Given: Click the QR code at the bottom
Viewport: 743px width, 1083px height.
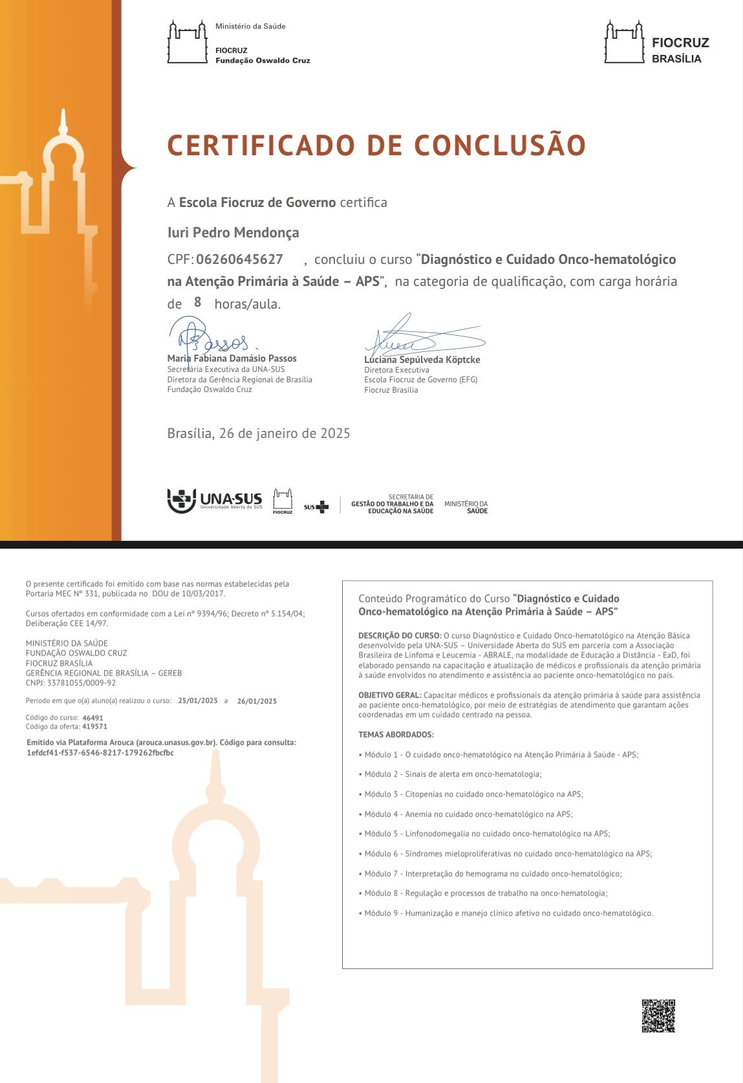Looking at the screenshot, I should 658,1016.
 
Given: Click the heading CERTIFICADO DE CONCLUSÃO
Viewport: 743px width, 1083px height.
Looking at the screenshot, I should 376,146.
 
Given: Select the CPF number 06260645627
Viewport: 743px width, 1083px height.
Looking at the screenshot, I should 239,259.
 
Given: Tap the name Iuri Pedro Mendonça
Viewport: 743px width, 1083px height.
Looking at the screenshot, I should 233,232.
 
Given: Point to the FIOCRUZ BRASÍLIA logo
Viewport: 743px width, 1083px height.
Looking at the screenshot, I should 656,43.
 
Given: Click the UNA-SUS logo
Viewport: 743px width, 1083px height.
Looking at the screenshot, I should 215,501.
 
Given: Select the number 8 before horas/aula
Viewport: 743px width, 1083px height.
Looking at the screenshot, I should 198,302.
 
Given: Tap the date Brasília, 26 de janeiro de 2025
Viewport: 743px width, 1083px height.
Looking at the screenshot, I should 259,433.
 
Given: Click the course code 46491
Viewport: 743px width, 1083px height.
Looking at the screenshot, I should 93,717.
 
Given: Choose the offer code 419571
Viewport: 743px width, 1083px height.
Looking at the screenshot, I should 95,727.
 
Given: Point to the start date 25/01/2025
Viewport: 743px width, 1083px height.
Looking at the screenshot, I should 198,701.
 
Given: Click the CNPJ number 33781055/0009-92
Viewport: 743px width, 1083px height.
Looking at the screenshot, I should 81,683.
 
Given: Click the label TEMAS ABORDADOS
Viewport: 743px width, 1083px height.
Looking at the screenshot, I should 396,735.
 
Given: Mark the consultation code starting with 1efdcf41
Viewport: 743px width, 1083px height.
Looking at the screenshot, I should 100,753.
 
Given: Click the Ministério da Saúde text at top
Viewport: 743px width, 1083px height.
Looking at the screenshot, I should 250,27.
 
